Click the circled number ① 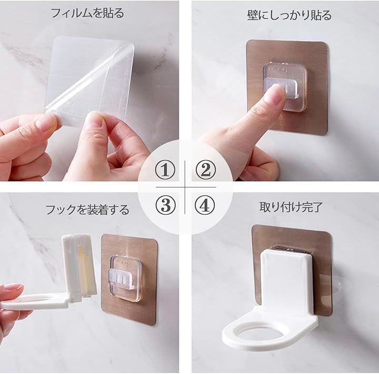coord(165,170)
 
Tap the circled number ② coord(205,170)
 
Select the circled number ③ coord(165,205)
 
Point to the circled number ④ coord(205,205)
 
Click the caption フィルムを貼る coord(87,13)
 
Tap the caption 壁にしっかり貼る coord(290,15)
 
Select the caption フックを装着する coord(87,210)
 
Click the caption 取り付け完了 coord(291,208)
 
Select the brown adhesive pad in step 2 coord(287,87)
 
